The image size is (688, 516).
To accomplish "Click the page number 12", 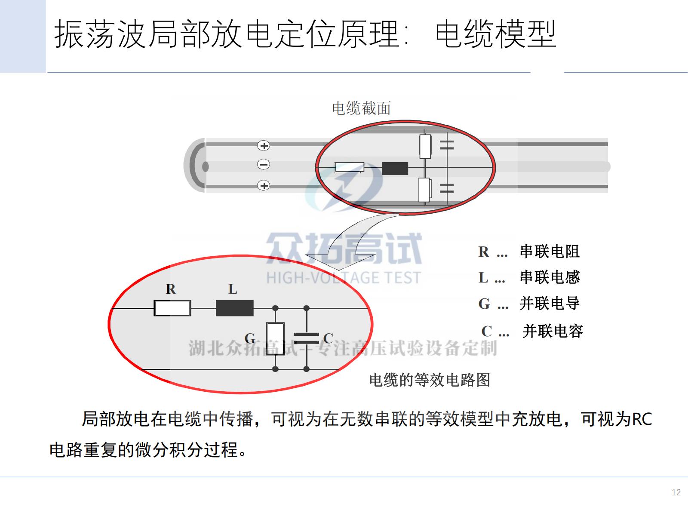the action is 676,492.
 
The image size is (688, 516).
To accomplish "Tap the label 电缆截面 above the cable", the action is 361,108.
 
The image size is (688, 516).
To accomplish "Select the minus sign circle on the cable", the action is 263,164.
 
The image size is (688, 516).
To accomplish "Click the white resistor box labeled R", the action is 172,308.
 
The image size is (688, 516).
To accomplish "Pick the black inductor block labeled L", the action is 235,308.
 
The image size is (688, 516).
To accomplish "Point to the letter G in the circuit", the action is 250,338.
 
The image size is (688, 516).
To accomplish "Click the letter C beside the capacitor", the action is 328,338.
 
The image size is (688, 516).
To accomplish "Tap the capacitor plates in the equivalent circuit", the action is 307,338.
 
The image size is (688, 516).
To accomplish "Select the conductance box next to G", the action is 275,339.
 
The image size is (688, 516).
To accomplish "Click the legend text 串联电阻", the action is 550,251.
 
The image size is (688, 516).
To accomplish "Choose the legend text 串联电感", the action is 550,277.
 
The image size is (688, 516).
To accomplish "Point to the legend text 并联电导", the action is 550,303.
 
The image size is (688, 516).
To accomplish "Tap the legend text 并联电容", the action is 553,331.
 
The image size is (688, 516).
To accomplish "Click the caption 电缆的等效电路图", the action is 430,380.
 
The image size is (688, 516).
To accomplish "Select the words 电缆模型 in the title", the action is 495,34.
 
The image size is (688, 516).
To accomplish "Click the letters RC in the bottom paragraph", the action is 642,419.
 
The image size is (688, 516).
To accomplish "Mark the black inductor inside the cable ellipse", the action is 395,168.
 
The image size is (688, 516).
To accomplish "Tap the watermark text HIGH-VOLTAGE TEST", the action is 344,278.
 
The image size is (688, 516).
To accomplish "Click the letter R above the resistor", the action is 171,289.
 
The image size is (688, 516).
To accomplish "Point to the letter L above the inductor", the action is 233,289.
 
